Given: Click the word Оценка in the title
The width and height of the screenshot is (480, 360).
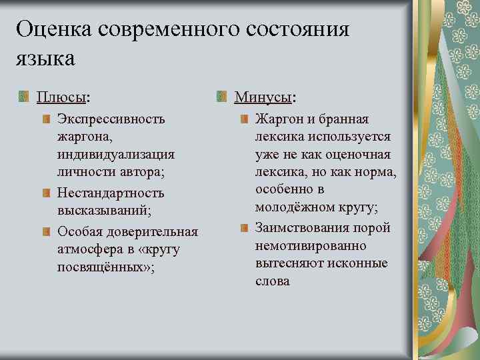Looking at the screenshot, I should pyautogui.click(x=54, y=29).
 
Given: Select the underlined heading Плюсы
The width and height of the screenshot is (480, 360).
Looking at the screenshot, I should pyautogui.click(x=61, y=97).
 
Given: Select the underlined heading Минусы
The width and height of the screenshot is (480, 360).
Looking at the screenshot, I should pyautogui.click(x=263, y=97).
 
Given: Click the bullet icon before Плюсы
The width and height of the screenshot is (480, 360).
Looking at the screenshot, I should pyautogui.click(x=25, y=97).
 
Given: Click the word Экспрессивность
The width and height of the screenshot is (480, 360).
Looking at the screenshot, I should pyautogui.click(x=111, y=119).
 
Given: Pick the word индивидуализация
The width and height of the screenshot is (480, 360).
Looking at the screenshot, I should pyautogui.click(x=116, y=155).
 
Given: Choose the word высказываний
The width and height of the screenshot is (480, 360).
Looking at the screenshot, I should pyautogui.click(x=103, y=211).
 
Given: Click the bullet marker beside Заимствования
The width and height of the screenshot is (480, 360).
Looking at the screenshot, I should pyautogui.click(x=244, y=228).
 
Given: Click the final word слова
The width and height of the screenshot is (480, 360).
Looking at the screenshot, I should pyautogui.click(x=272, y=281).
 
